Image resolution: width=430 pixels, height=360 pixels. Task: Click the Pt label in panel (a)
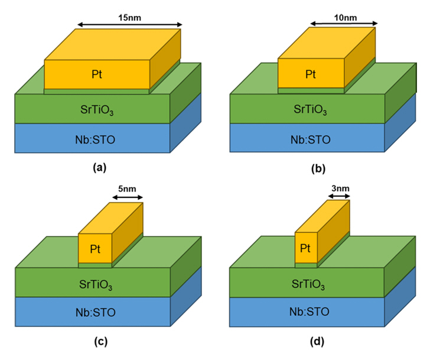coord(97,74)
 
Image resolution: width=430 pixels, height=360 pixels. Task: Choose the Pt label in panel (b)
coord(311,74)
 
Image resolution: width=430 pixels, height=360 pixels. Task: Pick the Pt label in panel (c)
coord(95,249)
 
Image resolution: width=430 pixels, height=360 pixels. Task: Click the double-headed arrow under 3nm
coord(340,199)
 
